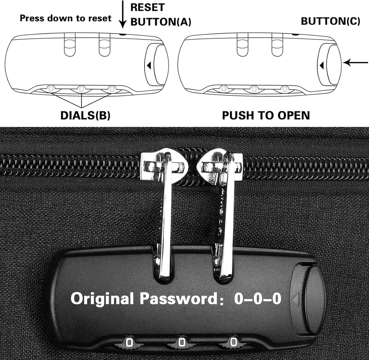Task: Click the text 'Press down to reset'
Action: point(66,18)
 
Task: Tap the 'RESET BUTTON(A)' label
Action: point(161,15)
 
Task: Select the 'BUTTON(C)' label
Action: point(330,21)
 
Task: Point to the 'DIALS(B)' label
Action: point(85,115)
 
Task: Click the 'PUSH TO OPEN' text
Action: point(266,115)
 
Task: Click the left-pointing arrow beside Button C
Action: point(355,63)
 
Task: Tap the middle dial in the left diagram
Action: point(81,89)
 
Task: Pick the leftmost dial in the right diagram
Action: point(223,89)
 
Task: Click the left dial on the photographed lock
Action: point(129,342)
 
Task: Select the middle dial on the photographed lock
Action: point(181,342)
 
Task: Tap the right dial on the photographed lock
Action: point(233,342)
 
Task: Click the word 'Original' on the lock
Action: point(102,298)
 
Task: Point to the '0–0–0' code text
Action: point(258,298)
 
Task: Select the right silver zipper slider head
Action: point(220,166)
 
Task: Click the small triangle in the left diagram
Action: point(149,65)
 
